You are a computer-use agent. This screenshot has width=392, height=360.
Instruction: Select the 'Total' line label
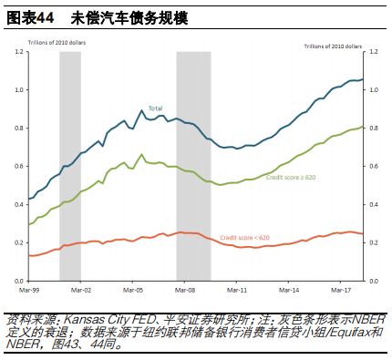click(156, 108)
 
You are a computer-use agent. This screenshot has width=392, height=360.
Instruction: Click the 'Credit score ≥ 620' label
click(292, 177)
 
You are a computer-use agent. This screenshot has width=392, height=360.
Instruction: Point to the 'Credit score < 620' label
click(245, 238)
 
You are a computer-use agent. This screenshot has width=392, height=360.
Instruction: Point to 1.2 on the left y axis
click(18, 52)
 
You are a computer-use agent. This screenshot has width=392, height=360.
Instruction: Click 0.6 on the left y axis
click(18, 166)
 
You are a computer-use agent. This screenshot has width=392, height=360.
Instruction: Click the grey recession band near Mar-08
click(193, 164)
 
